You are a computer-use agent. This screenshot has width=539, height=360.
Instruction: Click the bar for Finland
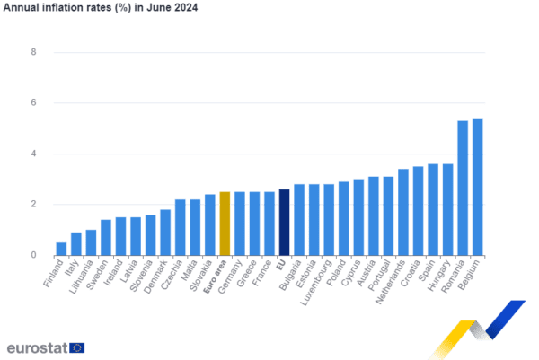[x=61, y=249]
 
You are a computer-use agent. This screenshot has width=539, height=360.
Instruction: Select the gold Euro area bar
[x=225, y=224]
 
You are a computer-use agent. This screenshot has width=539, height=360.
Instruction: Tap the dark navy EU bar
[x=284, y=223]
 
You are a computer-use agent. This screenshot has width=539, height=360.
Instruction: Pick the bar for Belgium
[x=478, y=187]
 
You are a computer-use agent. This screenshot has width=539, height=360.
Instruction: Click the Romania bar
[x=463, y=189]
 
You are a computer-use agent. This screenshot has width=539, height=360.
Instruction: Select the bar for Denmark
[x=165, y=233]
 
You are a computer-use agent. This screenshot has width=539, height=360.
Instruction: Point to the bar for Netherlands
[x=403, y=212]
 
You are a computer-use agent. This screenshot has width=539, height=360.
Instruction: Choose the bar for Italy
[x=76, y=244]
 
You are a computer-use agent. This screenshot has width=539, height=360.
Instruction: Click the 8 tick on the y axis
[x=33, y=52]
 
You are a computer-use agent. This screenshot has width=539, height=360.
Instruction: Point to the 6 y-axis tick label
[x=33, y=102]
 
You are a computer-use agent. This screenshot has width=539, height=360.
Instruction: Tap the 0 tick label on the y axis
[x=33, y=255]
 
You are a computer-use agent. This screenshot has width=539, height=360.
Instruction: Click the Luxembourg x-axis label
[x=316, y=283]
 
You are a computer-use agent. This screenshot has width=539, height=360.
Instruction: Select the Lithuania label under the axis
[x=81, y=277]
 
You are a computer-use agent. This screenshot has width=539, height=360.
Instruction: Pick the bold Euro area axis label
[x=215, y=277]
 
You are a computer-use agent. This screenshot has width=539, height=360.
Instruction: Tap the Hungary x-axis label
[x=438, y=276]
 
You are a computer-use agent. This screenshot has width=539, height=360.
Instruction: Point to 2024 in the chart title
[x=186, y=7]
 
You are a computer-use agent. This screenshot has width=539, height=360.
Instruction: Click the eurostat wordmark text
[x=37, y=348]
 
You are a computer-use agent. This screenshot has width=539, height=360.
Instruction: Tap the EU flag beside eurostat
[x=77, y=347]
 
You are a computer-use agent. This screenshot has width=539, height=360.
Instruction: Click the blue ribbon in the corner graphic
[x=505, y=320]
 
